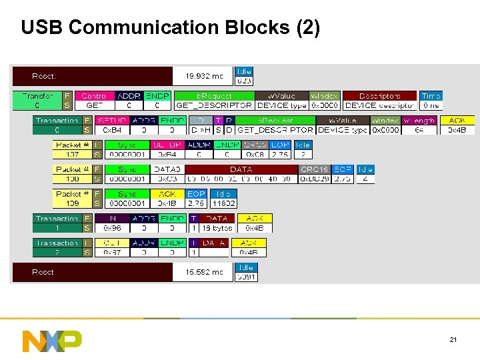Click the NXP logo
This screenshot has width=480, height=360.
point(52,340)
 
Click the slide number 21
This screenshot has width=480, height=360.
point(453,341)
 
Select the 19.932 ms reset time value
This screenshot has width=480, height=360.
point(204,76)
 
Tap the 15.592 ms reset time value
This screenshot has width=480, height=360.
point(204,272)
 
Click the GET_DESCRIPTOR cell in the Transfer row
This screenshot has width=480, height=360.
point(213,105)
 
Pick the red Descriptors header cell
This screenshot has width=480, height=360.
point(380,96)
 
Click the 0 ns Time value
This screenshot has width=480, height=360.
point(431,105)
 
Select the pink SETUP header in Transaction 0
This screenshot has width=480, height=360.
point(111,121)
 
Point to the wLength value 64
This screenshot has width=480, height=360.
point(419,130)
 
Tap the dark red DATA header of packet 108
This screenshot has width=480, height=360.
point(241,169)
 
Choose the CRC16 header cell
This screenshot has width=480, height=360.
point(314,169)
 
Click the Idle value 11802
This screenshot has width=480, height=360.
point(223,203)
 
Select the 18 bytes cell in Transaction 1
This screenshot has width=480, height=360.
point(217,228)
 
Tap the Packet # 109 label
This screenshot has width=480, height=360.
point(72,199)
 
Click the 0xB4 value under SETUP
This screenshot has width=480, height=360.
point(111,130)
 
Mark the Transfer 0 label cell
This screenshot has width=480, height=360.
point(37,101)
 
